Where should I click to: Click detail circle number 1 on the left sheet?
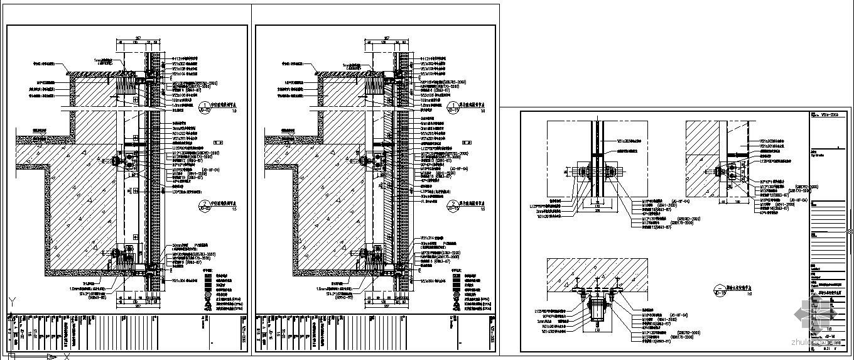[x=205, y=106]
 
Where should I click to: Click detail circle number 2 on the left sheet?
[x=205, y=204]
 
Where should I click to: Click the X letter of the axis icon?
[x=65, y=356]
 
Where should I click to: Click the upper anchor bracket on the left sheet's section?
[x=131, y=162]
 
